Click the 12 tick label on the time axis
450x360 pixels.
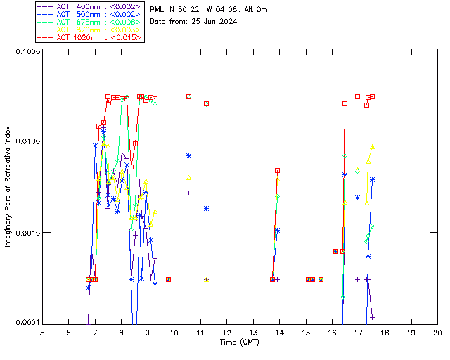[226, 332]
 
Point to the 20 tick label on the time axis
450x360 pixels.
[437, 332]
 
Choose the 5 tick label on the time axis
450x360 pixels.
[42, 332]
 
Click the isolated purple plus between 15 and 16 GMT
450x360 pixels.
[321, 311]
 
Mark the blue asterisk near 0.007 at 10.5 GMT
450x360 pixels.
[188, 155]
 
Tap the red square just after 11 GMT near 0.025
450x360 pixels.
[207, 103]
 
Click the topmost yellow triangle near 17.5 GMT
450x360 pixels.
[373, 147]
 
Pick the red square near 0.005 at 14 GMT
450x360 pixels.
[278, 170]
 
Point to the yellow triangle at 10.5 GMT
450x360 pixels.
[188, 177]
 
